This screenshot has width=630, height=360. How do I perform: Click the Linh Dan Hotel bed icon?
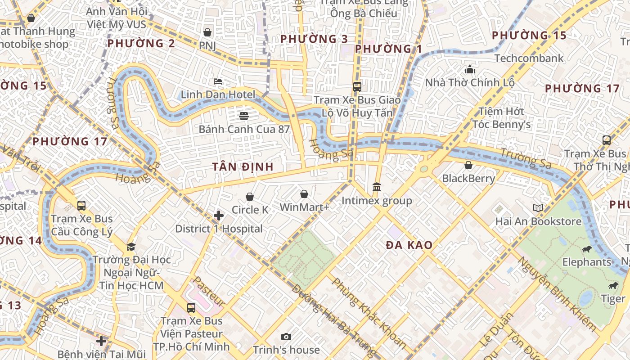pos(218,81)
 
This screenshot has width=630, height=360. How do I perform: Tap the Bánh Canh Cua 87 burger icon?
pos(244,116)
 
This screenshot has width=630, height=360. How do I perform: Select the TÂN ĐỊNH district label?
pos(243,167)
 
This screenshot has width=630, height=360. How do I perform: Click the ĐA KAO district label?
pos(409,245)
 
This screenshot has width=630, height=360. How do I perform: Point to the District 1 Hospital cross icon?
pos(219,216)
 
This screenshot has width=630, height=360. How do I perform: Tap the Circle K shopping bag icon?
pos(250,197)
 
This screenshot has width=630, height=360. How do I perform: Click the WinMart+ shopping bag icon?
pos(304,194)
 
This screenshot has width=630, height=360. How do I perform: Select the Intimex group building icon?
pos(377,187)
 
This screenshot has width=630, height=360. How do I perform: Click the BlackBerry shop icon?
pos(468,165)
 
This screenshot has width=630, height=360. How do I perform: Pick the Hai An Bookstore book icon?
pos(538,208)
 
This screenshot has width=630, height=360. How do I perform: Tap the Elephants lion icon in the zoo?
pos(586,249)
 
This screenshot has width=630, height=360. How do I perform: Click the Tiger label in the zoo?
pos(613,299)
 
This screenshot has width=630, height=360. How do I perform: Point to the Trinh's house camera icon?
pos(286,337)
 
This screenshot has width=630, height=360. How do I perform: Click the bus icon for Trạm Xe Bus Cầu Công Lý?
pos(81,206)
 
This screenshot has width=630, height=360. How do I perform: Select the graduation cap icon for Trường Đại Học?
pos(131,247)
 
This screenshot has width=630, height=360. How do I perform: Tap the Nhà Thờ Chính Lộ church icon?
pos(470,69)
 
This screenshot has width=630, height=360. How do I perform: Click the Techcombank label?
pos(529,58)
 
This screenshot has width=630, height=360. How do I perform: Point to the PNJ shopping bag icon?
pos(207,32)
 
